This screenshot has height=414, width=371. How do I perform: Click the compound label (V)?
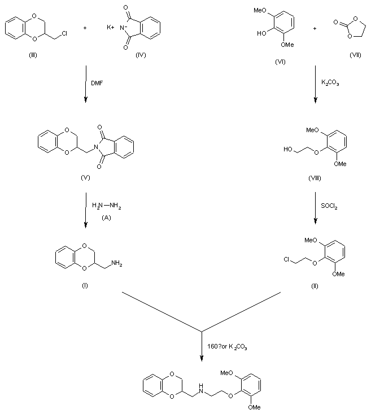pyautogui.click(x=85, y=178)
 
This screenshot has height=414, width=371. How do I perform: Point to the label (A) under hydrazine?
pyautogui.click(x=106, y=216)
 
